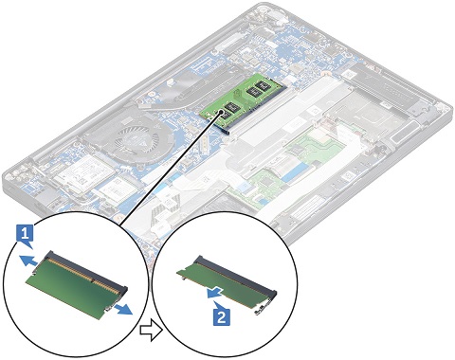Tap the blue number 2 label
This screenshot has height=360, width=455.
pos(222,315)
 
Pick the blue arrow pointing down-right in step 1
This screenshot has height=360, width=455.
pos(121,309)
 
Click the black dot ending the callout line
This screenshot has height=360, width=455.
pos(219,114)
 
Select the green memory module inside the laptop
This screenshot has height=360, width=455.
pos(241,99)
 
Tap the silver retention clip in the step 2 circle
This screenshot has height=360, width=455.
pos(262,310)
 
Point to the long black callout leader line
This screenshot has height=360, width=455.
pos(169,169)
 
